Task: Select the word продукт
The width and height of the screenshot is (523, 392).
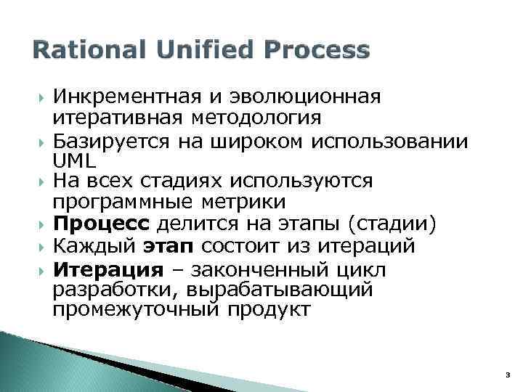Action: [271, 310]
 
